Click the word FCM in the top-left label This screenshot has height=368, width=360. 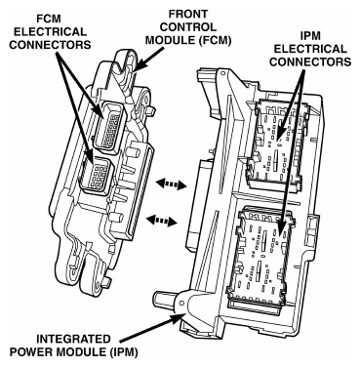(49, 19)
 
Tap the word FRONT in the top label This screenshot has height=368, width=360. (187, 14)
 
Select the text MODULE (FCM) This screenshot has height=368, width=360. (188, 40)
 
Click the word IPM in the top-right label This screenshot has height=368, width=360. (310, 36)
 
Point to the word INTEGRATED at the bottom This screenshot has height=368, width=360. (73, 340)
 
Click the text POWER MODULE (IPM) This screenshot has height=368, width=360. (73, 352)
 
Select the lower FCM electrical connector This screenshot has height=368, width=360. (96, 176)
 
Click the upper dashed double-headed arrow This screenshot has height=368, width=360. (172, 184)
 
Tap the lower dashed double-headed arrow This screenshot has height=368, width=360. (162, 221)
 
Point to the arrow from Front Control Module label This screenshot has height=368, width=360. (148, 59)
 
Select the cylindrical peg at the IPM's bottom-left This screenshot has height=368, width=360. (164, 297)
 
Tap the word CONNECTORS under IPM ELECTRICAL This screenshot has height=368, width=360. (310, 61)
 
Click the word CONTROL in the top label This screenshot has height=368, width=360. (187, 26)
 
